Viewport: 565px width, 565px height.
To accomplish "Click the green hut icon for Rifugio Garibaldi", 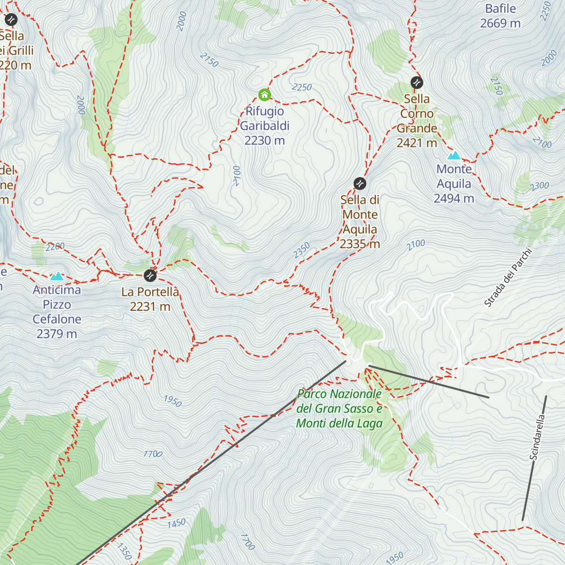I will tap(265, 95).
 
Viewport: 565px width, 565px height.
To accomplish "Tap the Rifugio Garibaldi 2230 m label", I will tap(265, 126).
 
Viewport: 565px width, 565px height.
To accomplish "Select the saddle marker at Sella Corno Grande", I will tap(417, 83).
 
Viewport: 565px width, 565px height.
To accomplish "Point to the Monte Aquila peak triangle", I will tap(454, 155).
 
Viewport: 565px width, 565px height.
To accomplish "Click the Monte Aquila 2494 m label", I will tap(454, 184).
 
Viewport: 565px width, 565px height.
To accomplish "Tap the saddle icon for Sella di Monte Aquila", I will tap(360, 183).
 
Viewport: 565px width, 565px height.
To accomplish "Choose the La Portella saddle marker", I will tap(150, 275).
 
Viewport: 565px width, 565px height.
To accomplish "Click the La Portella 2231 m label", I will tap(150, 299).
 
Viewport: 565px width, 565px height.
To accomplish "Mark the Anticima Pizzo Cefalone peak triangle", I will tap(57, 276).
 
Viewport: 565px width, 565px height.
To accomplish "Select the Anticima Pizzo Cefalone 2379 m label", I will tap(57, 312).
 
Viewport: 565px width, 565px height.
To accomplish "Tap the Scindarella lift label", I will tap(537, 437).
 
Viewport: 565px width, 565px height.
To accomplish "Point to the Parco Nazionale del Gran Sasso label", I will tap(339, 409).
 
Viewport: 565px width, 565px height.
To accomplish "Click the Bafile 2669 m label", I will tap(500, 16).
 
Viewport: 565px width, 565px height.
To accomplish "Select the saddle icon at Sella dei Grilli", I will tap(11, 20).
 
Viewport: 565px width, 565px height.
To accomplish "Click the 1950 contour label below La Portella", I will tap(172, 401).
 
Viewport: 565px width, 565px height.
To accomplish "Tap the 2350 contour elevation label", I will tap(302, 250).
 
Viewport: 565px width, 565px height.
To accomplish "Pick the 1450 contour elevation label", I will tap(177, 524).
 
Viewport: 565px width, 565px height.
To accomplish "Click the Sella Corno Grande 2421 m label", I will tap(417, 121).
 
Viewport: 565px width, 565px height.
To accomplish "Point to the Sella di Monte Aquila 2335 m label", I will tap(360, 222).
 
